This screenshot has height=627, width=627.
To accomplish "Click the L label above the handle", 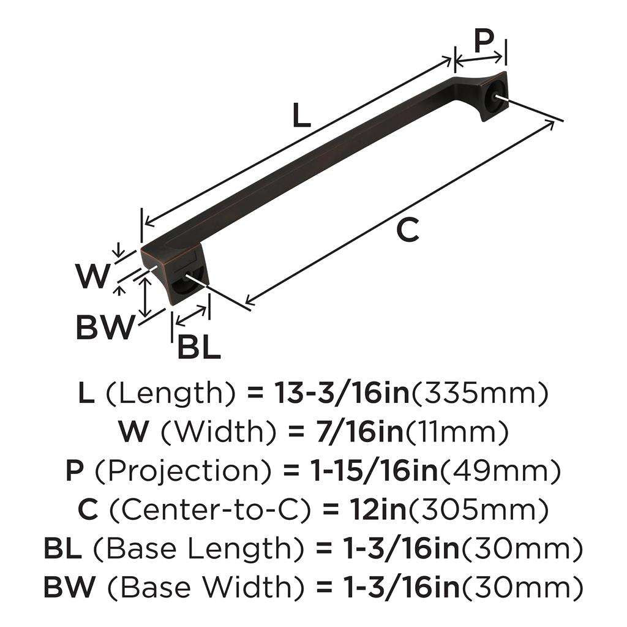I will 301,116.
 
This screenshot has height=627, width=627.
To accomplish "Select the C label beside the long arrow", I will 407,230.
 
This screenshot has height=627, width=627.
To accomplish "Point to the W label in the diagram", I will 92,277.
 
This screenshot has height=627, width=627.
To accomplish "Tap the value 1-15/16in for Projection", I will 370,471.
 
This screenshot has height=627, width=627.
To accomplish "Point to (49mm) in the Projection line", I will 500,471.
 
